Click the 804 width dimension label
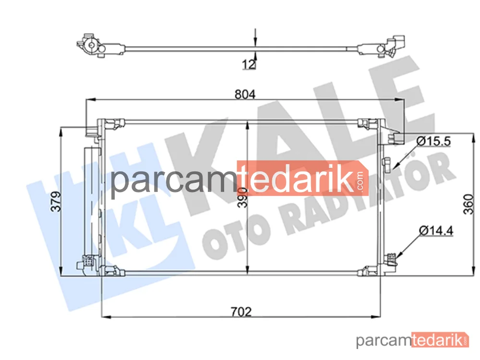245,94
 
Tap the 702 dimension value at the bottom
241,312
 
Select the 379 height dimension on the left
56,202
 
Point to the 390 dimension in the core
242,197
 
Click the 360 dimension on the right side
468,204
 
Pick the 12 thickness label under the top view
249,64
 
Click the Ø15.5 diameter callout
434,141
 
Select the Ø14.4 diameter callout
436,230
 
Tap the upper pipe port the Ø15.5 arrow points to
386,165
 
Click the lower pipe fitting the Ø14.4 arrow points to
391,259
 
